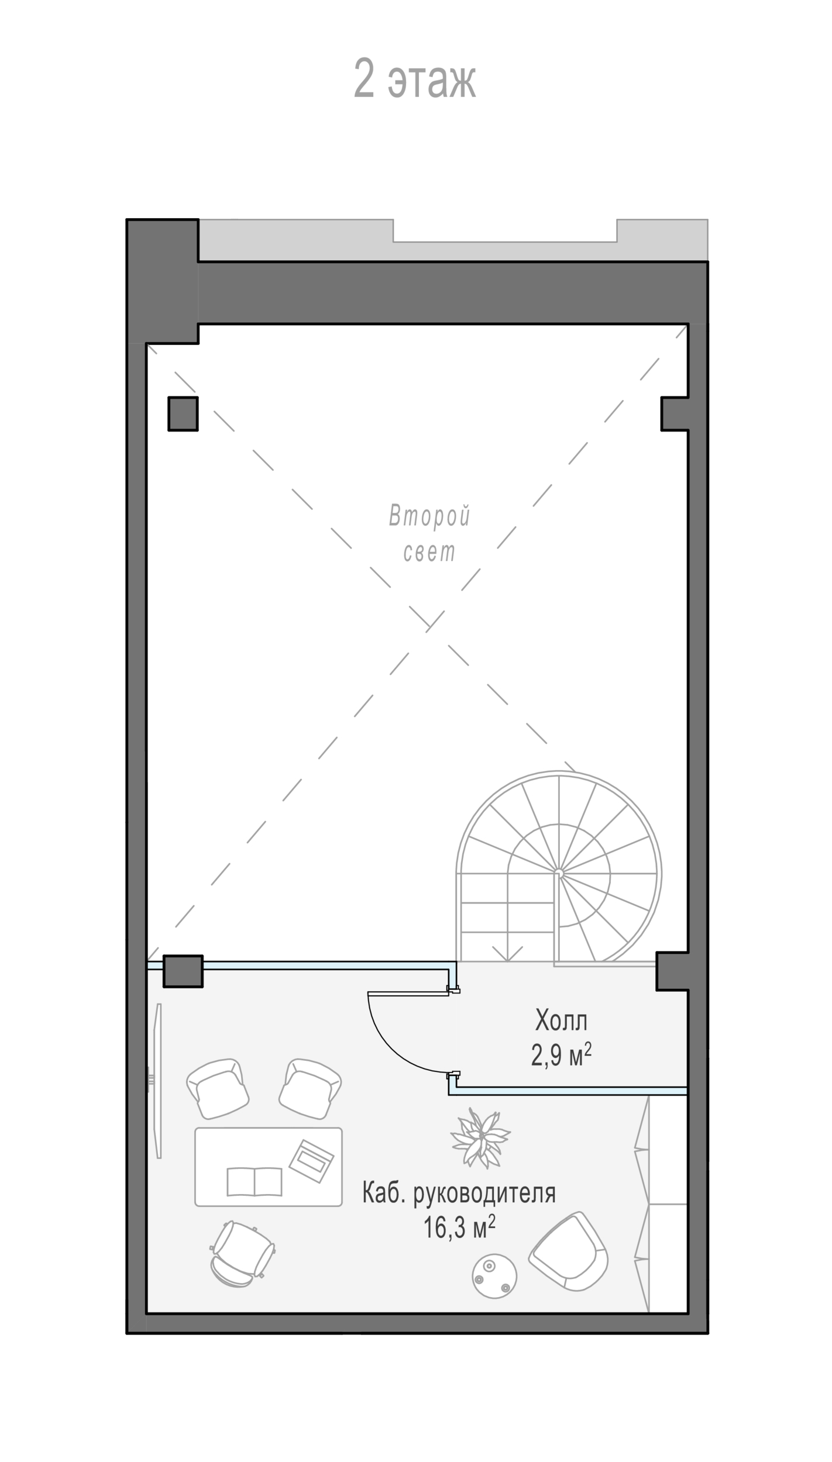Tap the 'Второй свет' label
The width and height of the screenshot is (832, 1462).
[429, 533]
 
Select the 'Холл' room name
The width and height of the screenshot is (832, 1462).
[561, 1020]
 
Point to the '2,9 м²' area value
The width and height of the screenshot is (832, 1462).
[561, 1056]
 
